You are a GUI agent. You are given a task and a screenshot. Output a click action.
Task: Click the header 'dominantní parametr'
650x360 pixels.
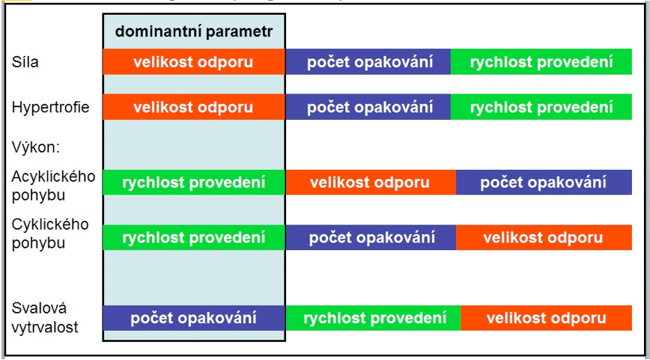(194, 31)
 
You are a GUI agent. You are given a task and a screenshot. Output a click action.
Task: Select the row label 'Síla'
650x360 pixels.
(25, 62)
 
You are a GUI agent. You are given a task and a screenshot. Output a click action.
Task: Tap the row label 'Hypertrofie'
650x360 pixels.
(51, 107)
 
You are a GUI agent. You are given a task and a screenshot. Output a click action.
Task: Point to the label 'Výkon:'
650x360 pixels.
(36, 147)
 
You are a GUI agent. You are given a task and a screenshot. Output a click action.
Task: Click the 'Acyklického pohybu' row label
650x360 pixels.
(53, 186)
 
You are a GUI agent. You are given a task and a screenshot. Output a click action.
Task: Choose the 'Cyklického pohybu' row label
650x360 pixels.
(50, 234)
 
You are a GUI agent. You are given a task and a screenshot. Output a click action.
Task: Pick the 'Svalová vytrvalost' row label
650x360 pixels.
(45, 318)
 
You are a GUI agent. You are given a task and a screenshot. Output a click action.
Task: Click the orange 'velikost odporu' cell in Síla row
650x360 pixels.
(194, 61)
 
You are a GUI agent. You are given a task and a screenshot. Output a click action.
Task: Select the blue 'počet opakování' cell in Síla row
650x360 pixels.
(368, 61)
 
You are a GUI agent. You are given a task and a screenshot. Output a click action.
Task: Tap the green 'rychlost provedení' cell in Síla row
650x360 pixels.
(541, 61)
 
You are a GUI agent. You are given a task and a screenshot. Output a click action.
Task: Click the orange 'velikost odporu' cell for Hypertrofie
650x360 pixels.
(194, 107)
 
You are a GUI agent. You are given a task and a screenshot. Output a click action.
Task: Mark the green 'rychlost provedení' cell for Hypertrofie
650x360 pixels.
(541, 107)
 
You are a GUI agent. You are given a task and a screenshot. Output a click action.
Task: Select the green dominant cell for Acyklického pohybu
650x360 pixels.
(194, 183)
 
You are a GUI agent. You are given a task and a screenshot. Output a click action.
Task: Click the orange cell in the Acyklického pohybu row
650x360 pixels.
(371, 183)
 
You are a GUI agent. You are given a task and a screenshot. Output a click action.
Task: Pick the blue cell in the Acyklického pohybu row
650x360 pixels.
(544, 183)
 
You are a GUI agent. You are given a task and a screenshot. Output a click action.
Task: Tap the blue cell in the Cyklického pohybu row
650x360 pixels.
(371, 237)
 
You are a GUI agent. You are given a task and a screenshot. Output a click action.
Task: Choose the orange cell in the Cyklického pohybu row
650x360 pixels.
(544, 237)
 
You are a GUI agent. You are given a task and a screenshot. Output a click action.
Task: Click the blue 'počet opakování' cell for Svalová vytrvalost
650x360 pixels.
(194, 318)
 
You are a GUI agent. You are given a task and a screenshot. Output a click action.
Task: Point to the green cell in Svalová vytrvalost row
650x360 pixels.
(373, 318)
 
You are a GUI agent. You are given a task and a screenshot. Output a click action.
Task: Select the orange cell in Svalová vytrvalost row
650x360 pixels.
(546, 318)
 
